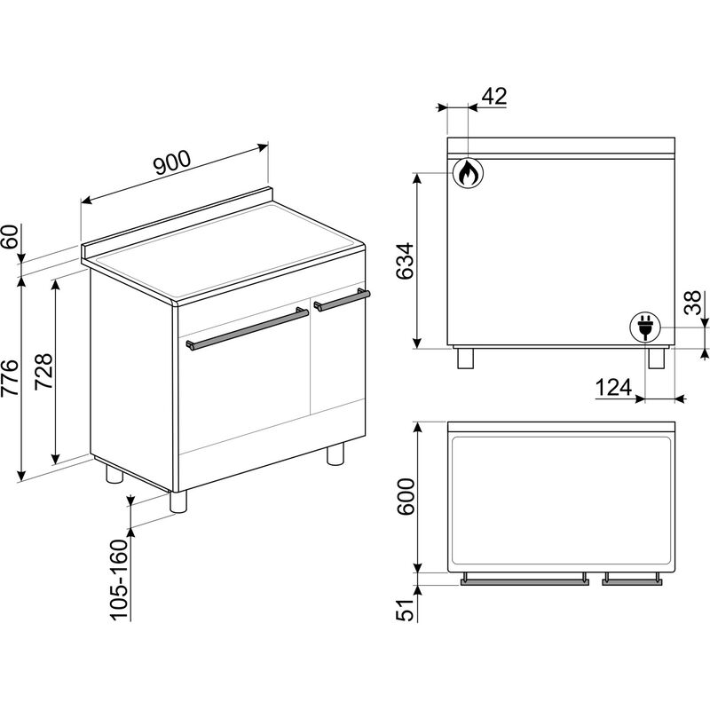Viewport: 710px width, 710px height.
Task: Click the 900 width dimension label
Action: pyautogui.click(x=172, y=162)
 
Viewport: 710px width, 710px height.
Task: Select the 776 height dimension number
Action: pyautogui.click(x=11, y=378)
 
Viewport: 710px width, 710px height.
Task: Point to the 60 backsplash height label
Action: pyautogui.click(x=11, y=236)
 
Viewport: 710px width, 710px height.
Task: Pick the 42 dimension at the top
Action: pyautogui.click(x=494, y=96)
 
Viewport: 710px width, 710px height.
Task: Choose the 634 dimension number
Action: pyautogui.click(x=405, y=261)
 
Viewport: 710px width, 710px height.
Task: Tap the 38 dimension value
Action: pyautogui.click(x=693, y=303)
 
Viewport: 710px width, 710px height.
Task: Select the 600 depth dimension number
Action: pyautogui.click(x=406, y=497)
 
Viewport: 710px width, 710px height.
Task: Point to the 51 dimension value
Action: pyautogui.click(x=406, y=610)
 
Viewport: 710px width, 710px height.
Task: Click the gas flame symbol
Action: pyautogui.click(x=469, y=172)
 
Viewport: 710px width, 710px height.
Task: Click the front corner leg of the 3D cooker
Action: pyautogui.click(x=178, y=501)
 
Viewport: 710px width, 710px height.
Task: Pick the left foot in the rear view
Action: pyautogui.click(x=465, y=359)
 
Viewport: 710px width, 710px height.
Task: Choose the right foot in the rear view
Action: pyautogui.click(x=656, y=359)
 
